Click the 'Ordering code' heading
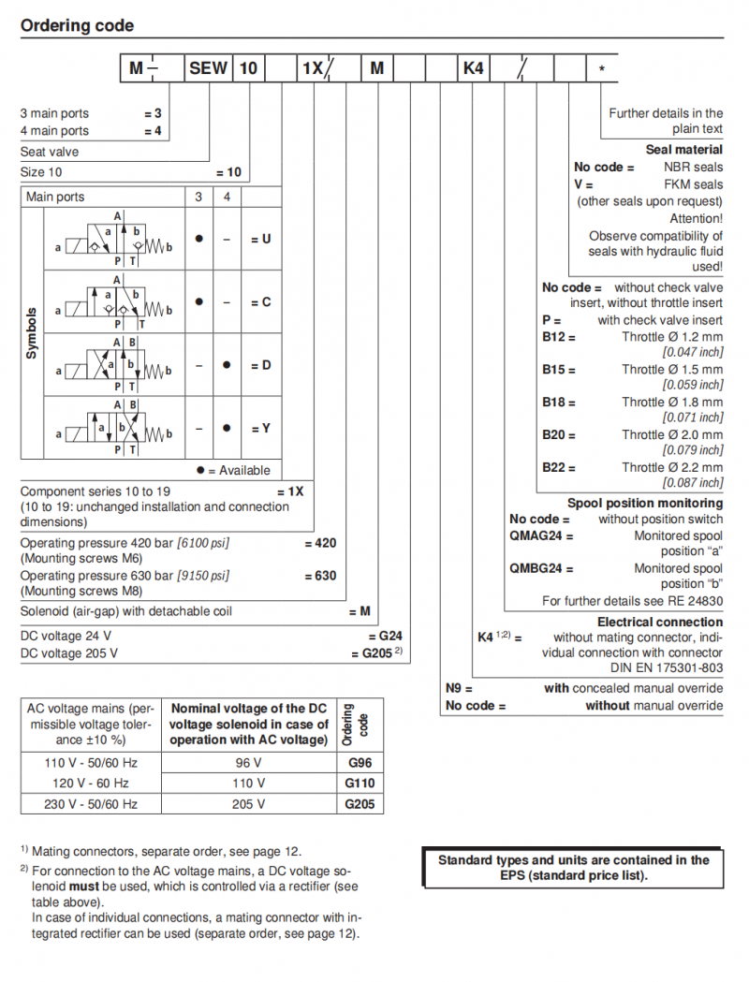pyautogui.click(x=77, y=26)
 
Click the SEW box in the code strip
pyautogui.click(x=208, y=68)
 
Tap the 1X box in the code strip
pyautogui.click(x=312, y=68)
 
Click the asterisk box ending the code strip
pyautogui.click(x=601, y=68)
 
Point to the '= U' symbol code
pyautogui.click(x=260, y=239)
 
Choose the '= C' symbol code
pyautogui.click(x=260, y=302)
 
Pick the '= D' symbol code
pyautogui.click(x=260, y=365)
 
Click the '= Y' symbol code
pyautogui.click(x=260, y=428)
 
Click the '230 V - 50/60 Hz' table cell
pyautogui.click(x=91, y=804)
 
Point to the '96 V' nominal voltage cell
pyautogui.click(x=248, y=762)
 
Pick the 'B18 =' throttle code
pyautogui.click(x=559, y=403)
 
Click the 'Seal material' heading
pyautogui.click(x=683, y=150)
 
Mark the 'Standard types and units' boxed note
pyautogui.click(x=573, y=868)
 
